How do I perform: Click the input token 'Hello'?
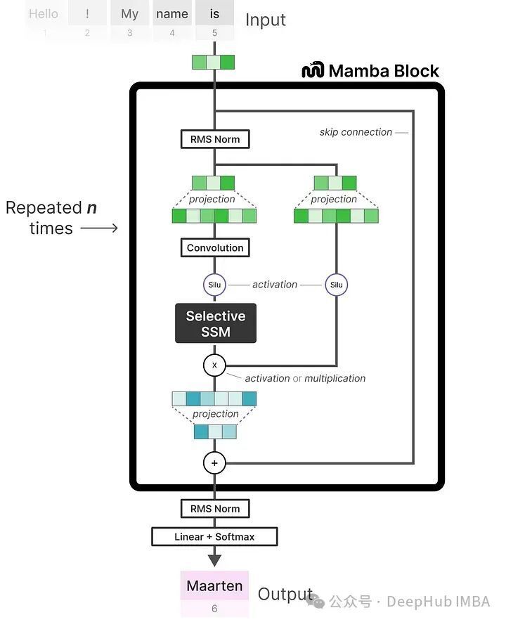pyautogui.click(x=44, y=14)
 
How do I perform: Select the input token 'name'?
pyautogui.click(x=172, y=14)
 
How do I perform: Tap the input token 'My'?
pyautogui.click(x=129, y=14)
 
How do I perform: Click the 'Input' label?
pyautogui.click(x=266, y=20)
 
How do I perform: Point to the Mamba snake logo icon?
pyautogui.click(x=313, y=70)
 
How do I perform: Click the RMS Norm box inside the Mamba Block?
pyautogui.click(x=214, y=139)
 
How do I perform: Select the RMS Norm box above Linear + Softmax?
pyautogui.click(x=214, y=509)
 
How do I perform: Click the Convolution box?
pyautogui.click(x=214, y=247)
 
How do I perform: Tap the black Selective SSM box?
pyautogui.click(x=215, y=323)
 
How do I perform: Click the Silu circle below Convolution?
pyautogui.click(x=214, y=285)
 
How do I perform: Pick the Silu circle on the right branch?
pyautogui.click(x=337, y=285)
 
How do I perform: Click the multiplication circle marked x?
pyautogui.click(x=214, y=365)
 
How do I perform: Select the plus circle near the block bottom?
pyautogui.click(x=214, y=462)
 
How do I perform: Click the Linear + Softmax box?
pyautogui.click(x=214, y=537)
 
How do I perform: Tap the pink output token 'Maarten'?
pyautogui.click(x=214, y=585)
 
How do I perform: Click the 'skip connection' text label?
pyautogui.click(x=356, y=132)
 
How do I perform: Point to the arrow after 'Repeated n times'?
pyautogui.click(x=98, y=228)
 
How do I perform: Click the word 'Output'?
pyautogui.click(x=285, y=594)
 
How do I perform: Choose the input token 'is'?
pyautogui.click(x=214, y=14)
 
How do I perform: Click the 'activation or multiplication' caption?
pyautogui.click(x=305, y=378)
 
